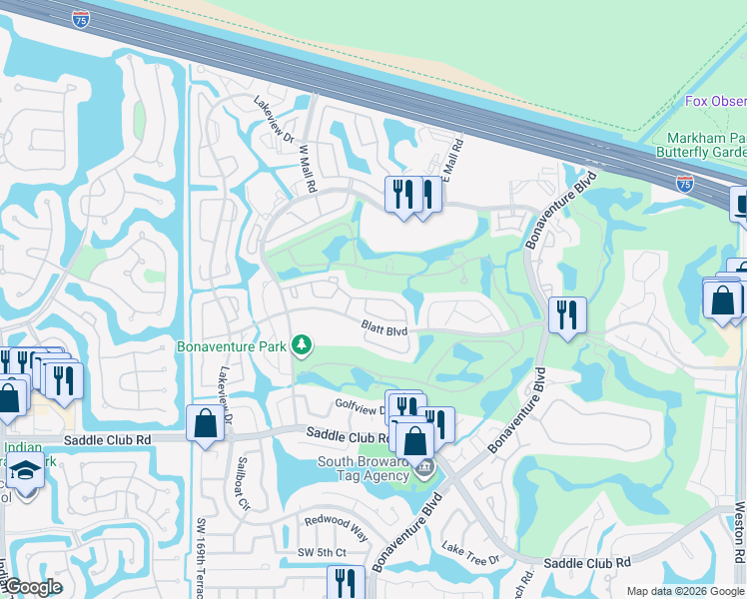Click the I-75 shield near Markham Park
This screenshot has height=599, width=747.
(684, 183)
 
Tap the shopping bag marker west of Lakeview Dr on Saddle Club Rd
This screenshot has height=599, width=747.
(205, 423)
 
